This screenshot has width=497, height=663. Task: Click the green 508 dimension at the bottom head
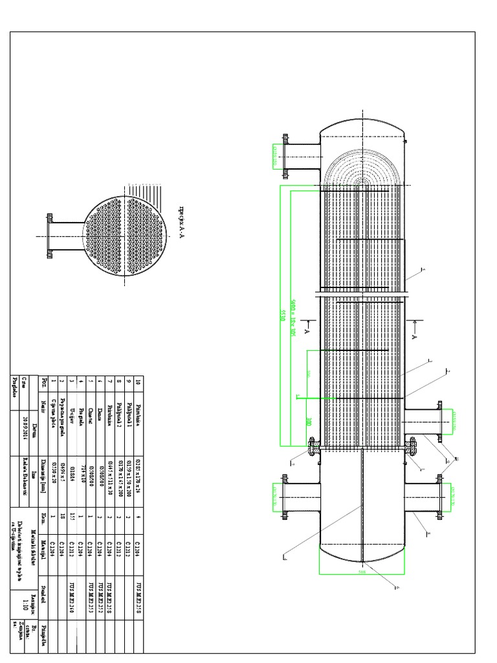362,572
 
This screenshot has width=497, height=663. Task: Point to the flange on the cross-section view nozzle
49,236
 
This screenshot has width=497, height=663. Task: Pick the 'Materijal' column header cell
44,543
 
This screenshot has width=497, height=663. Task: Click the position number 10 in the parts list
137,383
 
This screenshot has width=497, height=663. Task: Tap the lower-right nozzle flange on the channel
439,497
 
